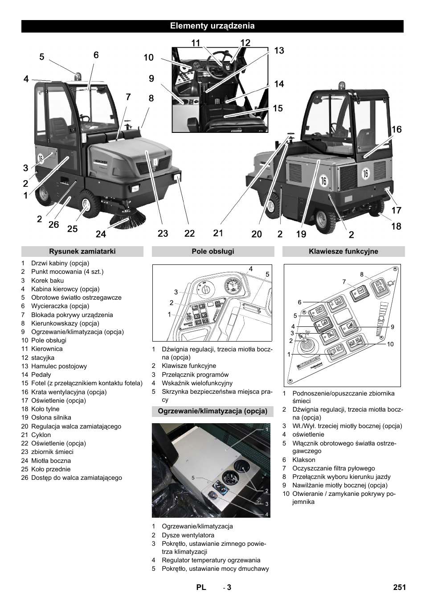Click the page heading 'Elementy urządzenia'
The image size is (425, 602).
pyautogui.click(x=212, y=26)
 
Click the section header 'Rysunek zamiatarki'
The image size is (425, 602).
pyautogui.click(x=82, y=252)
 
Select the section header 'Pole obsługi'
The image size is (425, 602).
pyautogui.click(x=212, y=252)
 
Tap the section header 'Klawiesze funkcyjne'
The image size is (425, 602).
pyautogui.click(x=343, y=252)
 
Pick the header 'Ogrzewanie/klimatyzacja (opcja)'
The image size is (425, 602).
pyautogui.click(x=212, y=411)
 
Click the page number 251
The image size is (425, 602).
pyautogui.click(x=399, y=587)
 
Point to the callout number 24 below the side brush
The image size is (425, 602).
pyautogui.click(x=101, y=234)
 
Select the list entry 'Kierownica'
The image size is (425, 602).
pyautogui.click(x=47, y=349)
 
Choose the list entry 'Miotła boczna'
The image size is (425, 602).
pyautogui.click(x=51, y=461)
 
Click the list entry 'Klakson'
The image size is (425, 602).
pyautogui.click(x=304, y=460)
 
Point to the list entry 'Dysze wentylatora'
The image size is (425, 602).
pyautogui.click(x=188, y=535)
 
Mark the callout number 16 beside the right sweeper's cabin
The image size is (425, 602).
pyautogui.click(x=396, y=129)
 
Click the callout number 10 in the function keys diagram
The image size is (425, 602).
pyautogui.click(x=390, y=344)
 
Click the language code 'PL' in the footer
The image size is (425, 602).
pyautogui.click(x=201, y=587)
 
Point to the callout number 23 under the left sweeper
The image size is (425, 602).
pyautogui.click(x=163, y=234)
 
